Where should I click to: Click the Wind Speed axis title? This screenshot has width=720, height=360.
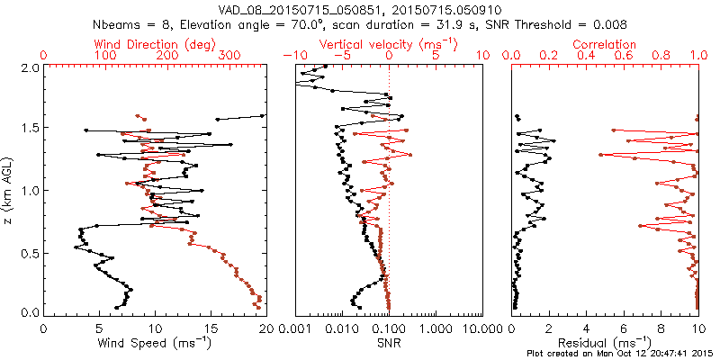[155, 342]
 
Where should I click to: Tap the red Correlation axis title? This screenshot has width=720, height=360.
[605, 44]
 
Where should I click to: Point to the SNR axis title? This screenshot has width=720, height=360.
[389, 342]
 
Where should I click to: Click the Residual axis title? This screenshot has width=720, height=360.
[605, 342]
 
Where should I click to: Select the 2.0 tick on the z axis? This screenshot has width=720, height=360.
[29, 67]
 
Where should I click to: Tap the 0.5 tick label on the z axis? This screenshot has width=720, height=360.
[29, 253]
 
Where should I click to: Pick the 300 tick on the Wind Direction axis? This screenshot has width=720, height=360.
[229, 56]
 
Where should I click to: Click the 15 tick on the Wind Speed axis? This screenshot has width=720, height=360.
[211, 328]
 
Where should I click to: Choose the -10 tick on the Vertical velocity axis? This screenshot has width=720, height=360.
[293, 56]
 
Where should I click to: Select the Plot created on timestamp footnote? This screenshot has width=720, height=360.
[620, 353]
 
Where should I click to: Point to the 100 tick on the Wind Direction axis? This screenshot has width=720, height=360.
[105, 56]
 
